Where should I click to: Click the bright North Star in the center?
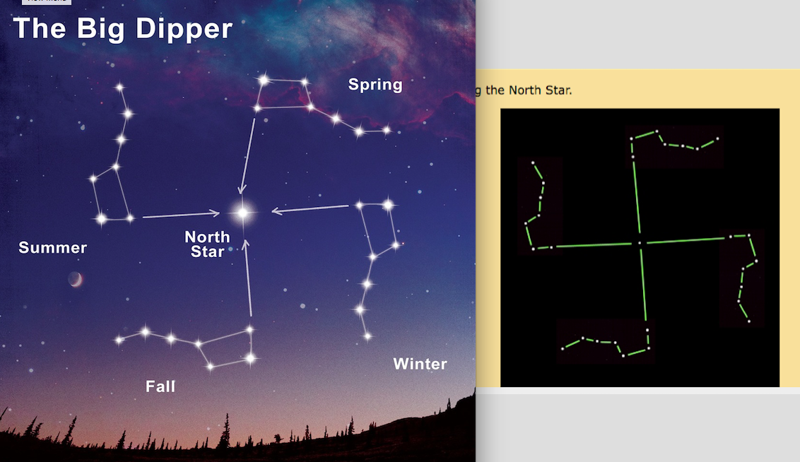point(243,212)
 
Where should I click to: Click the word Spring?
point(375,85)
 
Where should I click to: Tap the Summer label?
point(53,247)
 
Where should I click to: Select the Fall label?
point(160,386)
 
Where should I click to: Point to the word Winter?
point(420,364)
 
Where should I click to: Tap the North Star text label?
point(207,244)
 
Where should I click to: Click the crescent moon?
point(75,280)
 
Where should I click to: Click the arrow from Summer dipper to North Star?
point(181,215)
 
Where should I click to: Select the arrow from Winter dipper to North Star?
point(310,208)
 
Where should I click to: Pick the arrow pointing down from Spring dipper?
point(248,155)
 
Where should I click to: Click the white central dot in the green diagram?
point(640,243)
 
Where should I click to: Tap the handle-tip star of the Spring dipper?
point(387,130)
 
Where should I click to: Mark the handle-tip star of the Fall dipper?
point(119,340)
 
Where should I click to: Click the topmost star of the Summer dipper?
point(119,88)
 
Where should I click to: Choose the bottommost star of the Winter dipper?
point(367,337)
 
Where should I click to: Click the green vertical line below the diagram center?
point(644,290)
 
